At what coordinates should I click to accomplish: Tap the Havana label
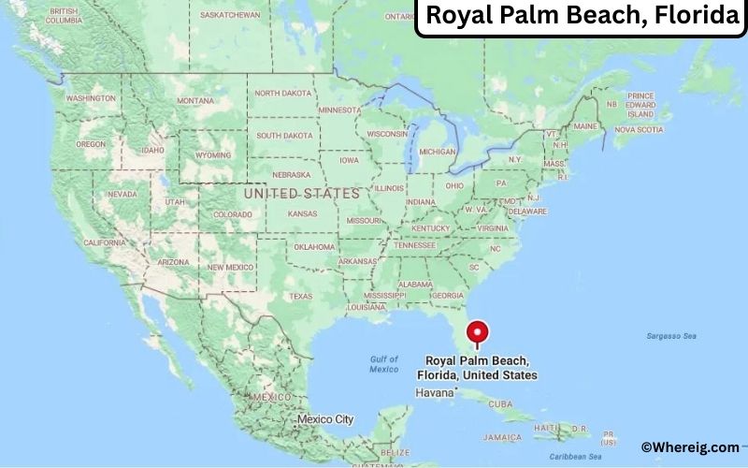pos(436,393)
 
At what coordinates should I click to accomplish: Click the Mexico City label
pos(324,419)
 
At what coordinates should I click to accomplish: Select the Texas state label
pos(300,296)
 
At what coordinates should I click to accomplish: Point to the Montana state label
pos(195,101)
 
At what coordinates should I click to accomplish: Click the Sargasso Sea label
pos(671,336)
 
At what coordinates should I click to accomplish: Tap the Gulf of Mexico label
pos(383,364)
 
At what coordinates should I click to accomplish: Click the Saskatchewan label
pos(230,16)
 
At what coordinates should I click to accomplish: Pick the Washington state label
pos(91,98)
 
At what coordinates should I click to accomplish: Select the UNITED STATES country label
pos(300,193)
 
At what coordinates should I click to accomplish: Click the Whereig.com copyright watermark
pos(690,448)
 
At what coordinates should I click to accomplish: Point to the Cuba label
pos(500,403)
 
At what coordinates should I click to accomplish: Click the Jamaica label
pos(503,437)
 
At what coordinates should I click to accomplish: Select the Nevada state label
pos(122,194)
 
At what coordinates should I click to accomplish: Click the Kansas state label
pos(302,213)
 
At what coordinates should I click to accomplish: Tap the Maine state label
pos(585,125)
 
